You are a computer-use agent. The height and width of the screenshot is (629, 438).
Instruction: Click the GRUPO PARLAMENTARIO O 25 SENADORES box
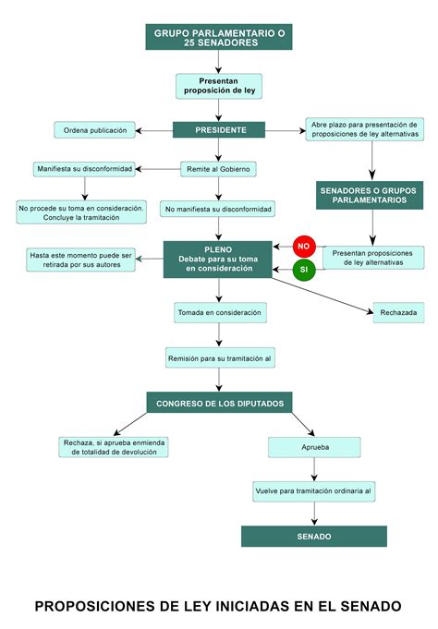point(219,37)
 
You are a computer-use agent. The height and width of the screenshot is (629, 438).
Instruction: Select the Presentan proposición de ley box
point(219,86)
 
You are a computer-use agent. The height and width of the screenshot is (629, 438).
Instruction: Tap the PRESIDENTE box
point(219,130)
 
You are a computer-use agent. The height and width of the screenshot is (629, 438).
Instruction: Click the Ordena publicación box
point(95,130)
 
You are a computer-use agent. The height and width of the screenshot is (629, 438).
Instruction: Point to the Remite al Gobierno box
point(219,169)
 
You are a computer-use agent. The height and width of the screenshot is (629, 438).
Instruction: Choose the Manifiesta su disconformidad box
point(84,169)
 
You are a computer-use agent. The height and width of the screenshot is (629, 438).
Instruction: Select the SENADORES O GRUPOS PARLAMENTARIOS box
point(369,194)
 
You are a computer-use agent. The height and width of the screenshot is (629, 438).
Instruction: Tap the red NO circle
point(304,246)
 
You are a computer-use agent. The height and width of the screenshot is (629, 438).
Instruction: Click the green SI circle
point(304,271)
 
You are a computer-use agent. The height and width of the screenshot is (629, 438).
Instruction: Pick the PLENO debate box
point(218,260)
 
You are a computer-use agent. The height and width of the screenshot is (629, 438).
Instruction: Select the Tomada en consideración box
point(219,313)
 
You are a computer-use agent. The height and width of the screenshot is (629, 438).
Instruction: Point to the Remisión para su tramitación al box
point(219,357)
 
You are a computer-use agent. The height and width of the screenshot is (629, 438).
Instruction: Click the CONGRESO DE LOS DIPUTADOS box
point(219,403)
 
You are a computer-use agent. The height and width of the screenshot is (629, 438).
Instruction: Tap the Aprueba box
point(314,447)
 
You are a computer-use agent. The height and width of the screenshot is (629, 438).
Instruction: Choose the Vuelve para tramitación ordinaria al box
point(314,491)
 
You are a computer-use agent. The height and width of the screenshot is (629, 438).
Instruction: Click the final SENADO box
point(314,536)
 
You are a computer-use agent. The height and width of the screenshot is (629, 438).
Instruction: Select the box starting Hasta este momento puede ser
point(81,260)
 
